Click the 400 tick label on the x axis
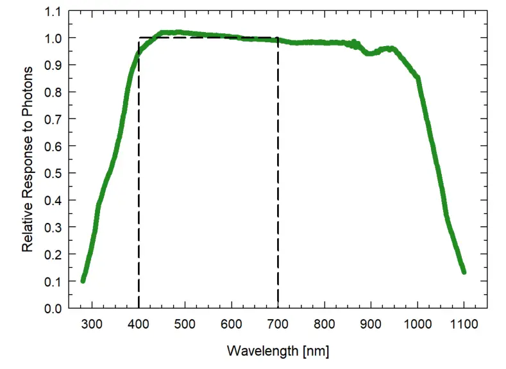(x=139, y=324)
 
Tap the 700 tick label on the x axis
(x=278, y=324)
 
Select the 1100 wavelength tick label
(x=464, y=324)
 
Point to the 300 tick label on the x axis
(x=92, y=324)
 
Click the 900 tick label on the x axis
(x=371, y=324)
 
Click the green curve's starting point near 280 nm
(x=83, y=280)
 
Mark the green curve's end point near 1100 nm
(x=463, y=272)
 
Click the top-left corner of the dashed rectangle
(x=139, y=38)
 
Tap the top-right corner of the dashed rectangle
(x=278, y=38)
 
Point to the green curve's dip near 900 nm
(x=370, y=53)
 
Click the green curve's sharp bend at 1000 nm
(x=417, y=78)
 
